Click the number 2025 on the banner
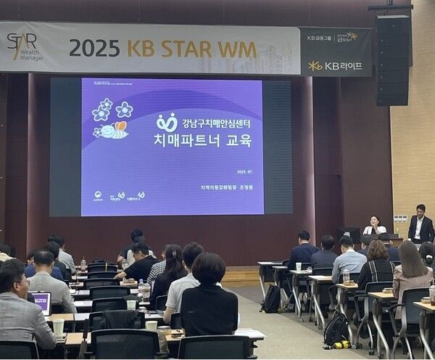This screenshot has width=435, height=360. [94, 48]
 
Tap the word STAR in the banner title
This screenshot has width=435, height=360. [185, 49]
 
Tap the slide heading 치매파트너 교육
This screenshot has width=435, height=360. [202, 140]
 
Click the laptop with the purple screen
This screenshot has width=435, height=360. [40, 300]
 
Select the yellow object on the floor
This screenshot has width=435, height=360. [339, 344]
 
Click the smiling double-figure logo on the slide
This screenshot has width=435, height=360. [166, 121]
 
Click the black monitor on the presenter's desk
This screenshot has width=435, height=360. [348, 234]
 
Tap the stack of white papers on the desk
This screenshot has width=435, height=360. [249, 334]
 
